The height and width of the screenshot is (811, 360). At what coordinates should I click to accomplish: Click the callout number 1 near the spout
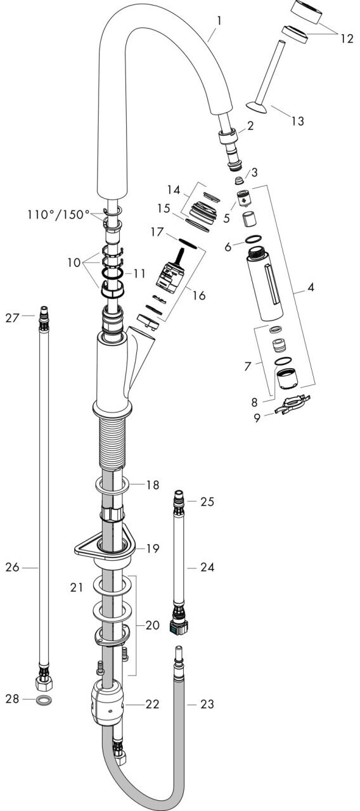tap(219, 22)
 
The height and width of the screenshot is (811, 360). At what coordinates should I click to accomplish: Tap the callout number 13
tap(297, 120)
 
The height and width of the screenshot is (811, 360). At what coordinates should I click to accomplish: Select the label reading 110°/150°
tap(58, 215)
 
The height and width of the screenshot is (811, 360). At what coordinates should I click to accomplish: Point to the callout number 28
tap(12, 698)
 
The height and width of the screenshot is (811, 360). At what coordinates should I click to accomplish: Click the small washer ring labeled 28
tap(44, 700)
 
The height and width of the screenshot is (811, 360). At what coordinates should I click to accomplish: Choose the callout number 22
tap(152, 703)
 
